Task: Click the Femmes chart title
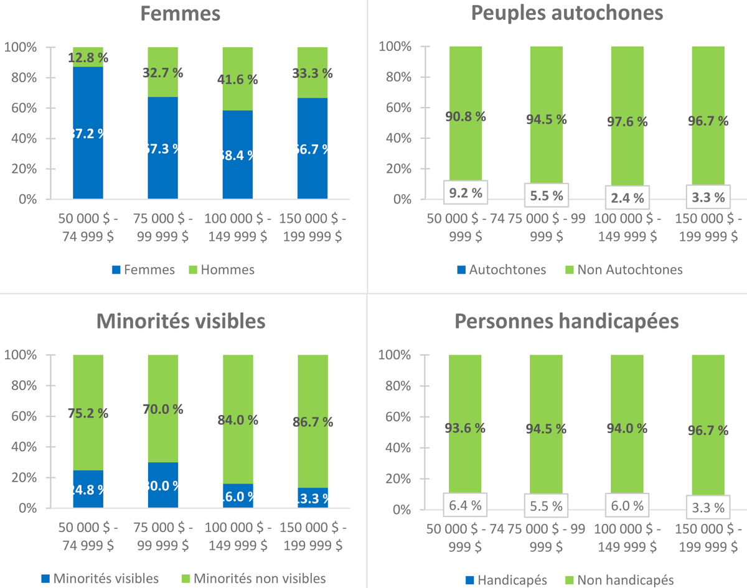tap(180, 14)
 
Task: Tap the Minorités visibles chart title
tap(180, 321)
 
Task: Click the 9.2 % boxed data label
tap(466, 193)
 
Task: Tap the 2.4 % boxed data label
tap(626, 198)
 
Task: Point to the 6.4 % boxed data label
tap(466, 505)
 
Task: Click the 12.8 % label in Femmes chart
tap(88, 58)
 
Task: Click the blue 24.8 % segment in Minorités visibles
tap(88, 489)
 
